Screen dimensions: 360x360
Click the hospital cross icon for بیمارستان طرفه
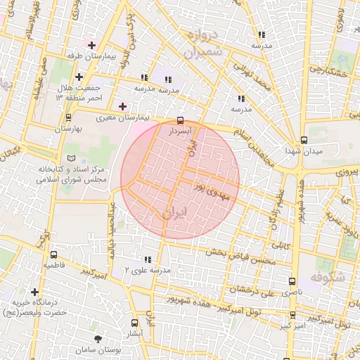(91, 45)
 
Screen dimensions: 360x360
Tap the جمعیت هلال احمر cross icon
(79, 77)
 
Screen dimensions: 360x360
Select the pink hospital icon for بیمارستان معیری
(123, 106)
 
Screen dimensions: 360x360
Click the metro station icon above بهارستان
(67, 117)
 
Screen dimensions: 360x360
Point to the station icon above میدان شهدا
(303, 139)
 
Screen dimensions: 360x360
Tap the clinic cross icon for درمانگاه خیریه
(34, 291)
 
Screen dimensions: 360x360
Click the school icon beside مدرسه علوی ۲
(147, 259)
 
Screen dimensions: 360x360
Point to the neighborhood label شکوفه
(330, 277)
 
